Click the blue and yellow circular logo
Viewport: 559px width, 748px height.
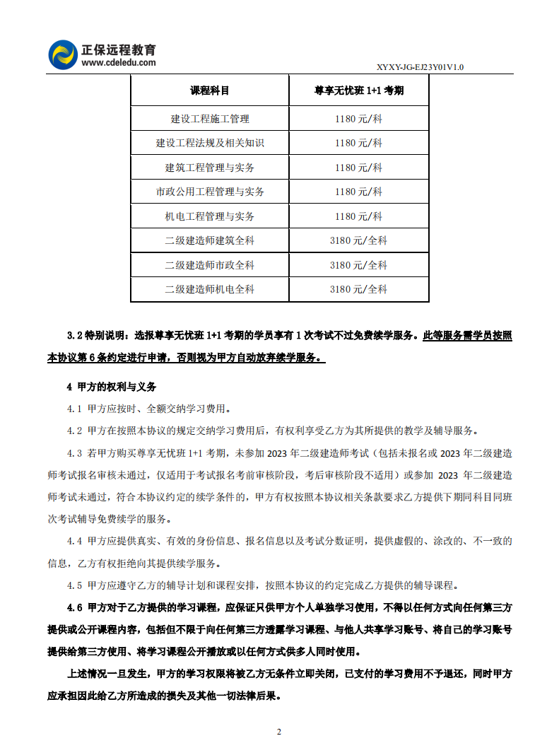[62, 54]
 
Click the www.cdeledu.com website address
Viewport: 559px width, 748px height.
[118, 62]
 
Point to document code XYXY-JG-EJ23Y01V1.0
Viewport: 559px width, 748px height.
[420, 67]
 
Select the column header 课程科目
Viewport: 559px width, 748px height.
[209, 90]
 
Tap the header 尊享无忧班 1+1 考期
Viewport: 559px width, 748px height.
[359, 90]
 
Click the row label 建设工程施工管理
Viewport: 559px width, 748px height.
[209, 119]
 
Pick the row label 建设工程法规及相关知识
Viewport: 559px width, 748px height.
[209, 143]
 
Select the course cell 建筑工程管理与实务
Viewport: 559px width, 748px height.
[209, 168]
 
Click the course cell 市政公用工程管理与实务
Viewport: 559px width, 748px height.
[209, 192]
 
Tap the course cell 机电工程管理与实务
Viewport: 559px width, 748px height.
[209, 216]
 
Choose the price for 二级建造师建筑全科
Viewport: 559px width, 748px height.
[358, 240]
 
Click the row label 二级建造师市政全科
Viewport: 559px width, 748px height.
[209, 265]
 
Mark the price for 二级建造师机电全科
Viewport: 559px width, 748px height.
[358, 289]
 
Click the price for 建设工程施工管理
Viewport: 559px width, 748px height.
[358, 119]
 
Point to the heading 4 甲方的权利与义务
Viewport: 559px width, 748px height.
[111, 387]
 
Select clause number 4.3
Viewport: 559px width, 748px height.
[75, 453]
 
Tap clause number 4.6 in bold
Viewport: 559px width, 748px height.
[75, 607]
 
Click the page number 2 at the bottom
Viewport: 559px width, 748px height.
[279, 731]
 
